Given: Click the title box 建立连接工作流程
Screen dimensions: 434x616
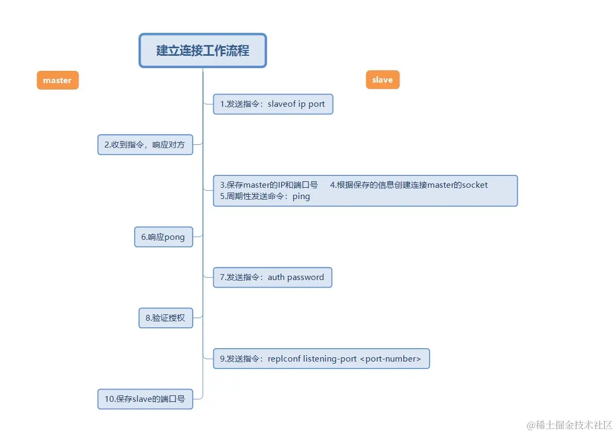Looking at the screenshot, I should coord(202,51).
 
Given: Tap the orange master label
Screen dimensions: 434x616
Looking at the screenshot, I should coord(57,80).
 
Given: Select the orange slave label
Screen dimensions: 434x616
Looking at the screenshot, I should coord(382,80).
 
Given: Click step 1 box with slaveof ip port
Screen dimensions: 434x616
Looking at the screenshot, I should coord(273,104).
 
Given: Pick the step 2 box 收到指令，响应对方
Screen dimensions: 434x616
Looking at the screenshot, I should coord(145,145).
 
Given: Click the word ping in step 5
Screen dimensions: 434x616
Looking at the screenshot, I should coord(301,196).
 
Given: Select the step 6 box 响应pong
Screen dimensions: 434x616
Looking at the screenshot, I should coord(163,237).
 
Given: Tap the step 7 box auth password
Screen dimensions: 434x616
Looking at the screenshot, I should coord(272,277).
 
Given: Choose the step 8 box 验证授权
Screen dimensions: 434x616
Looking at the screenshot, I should coord(165,318).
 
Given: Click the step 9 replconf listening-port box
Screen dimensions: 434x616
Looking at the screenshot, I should coord(321,358).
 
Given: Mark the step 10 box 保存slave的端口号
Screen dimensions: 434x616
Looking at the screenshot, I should coord(145,399).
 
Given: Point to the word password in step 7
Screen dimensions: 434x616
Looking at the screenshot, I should coord(306,277).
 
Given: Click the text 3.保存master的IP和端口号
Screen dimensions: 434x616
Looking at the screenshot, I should coord(269,185).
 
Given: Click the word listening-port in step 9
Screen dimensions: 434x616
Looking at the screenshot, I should coord(330,358).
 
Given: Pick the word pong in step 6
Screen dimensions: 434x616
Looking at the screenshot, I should coord(175,237).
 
